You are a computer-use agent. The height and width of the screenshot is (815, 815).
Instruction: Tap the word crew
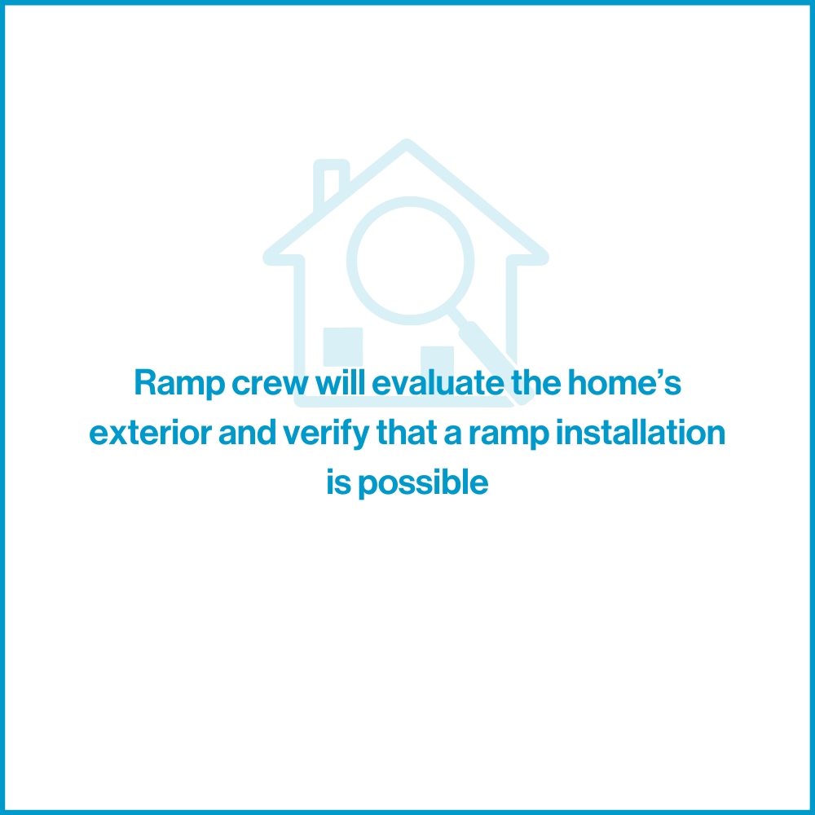click(271, 384)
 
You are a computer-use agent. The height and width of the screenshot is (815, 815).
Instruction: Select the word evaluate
click(438, 382)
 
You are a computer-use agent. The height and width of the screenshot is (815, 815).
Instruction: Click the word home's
click(624, 382)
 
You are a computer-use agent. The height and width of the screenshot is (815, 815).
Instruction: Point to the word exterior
click(150, 433)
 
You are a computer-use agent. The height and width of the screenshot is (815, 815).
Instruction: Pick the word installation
click(641, 433)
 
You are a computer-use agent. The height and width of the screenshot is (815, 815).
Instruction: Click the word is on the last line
click(338, 482)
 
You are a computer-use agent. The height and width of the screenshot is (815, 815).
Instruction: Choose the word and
click(247, 433)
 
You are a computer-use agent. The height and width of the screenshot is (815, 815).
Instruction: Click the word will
click(341, 382)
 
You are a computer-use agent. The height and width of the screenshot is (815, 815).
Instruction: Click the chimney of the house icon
click(331, 183)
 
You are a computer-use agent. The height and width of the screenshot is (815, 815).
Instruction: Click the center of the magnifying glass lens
click(411, 261)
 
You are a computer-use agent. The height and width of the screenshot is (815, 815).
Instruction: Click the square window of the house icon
click(343, 346)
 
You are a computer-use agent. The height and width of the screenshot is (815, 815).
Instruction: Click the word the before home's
click(536, 382)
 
